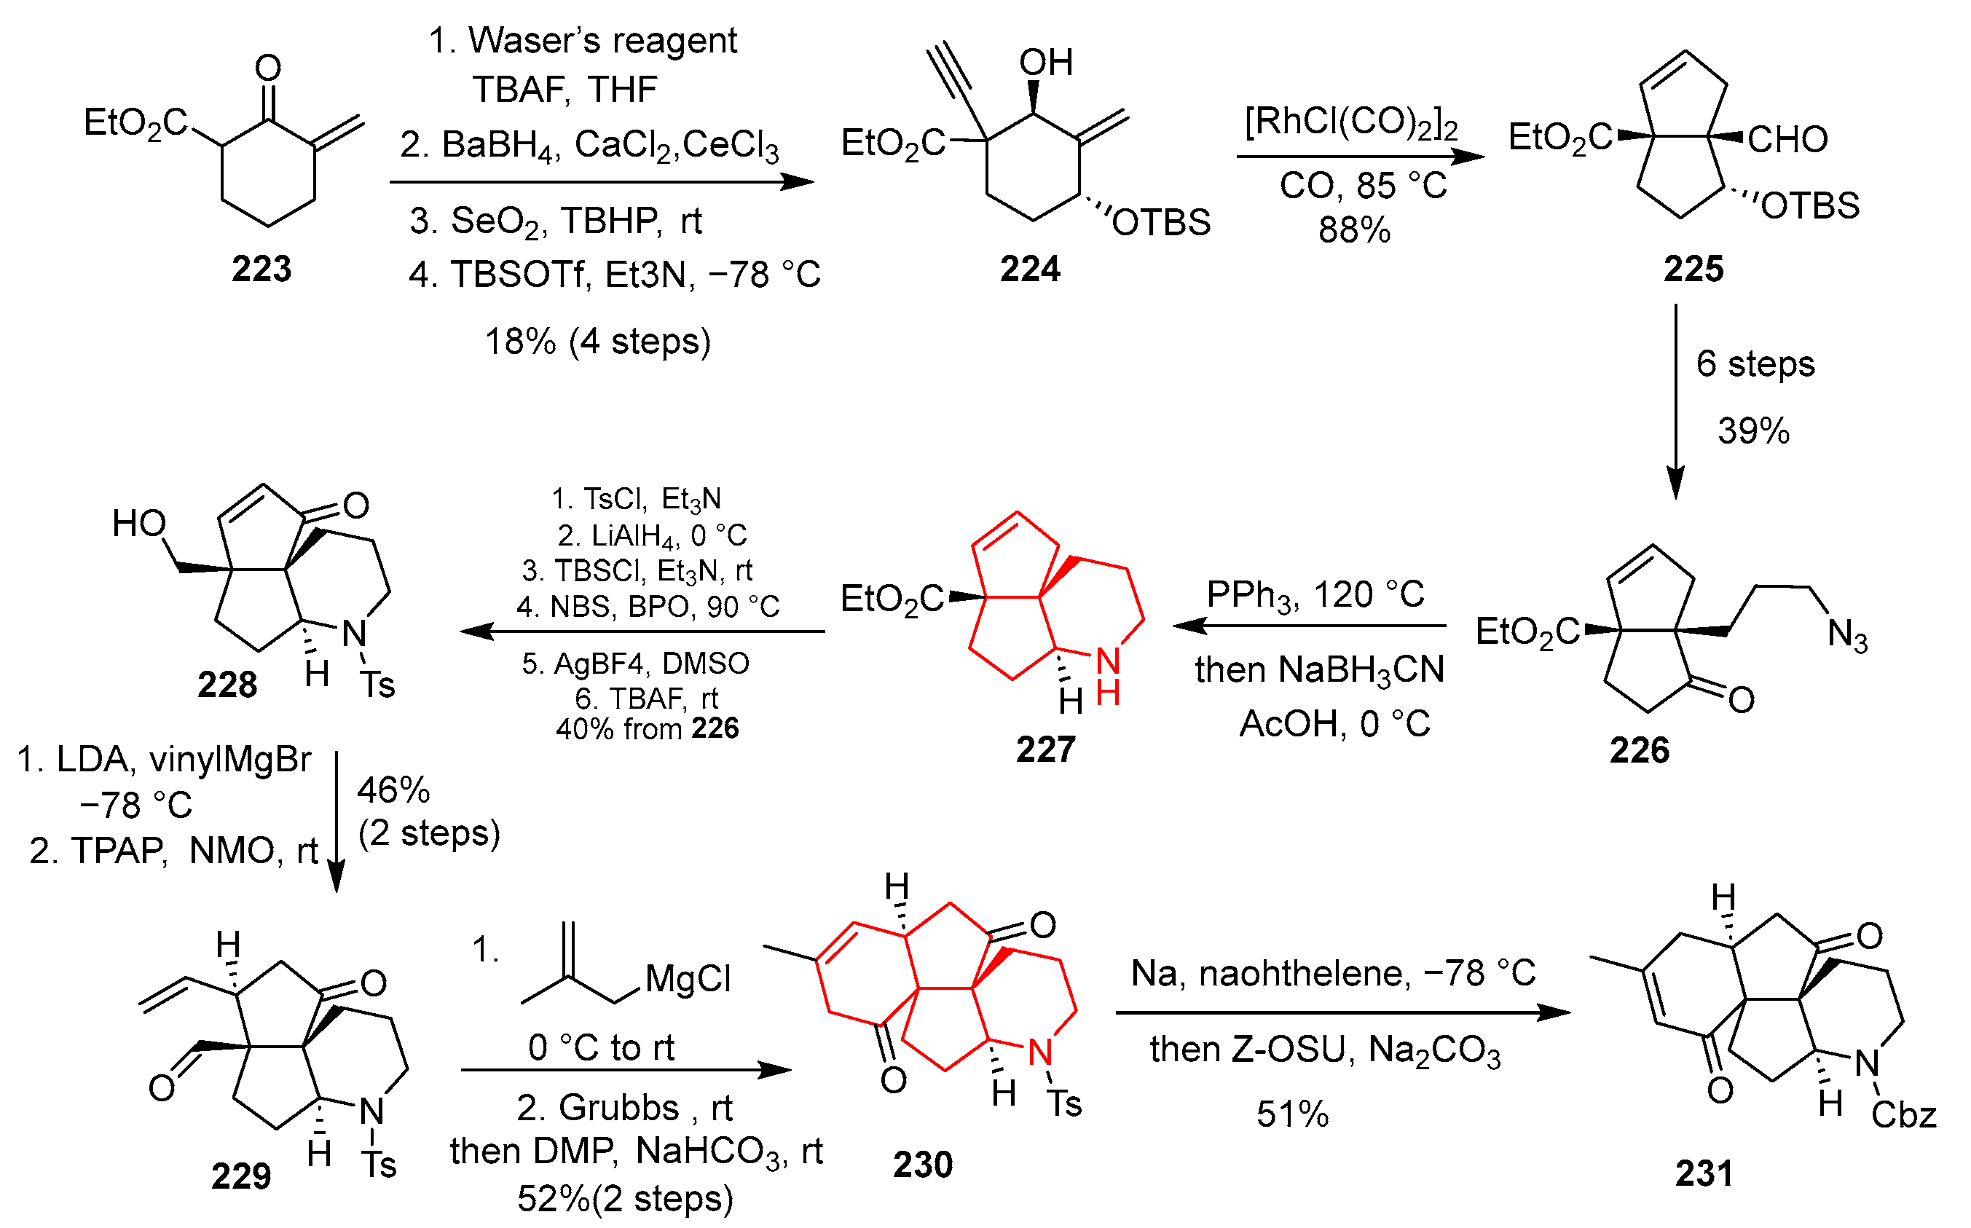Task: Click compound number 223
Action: pos(261,269)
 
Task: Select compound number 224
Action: pos(1029,269)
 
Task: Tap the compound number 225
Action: pos(1693,269)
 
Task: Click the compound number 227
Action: pos(1045,749)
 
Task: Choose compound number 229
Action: pos(240,1176)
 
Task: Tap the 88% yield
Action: pos(1354,230)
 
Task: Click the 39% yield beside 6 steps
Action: pos(1753,430)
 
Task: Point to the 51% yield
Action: pos(1292,1114)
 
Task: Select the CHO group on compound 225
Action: pos(1787,140)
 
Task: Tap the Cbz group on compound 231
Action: pos(1903,1115)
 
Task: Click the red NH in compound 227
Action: pos(1109,676)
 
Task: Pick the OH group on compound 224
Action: pos(1046,63)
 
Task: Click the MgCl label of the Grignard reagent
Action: pos(688,979)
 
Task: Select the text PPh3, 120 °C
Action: pos(1315,595)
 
